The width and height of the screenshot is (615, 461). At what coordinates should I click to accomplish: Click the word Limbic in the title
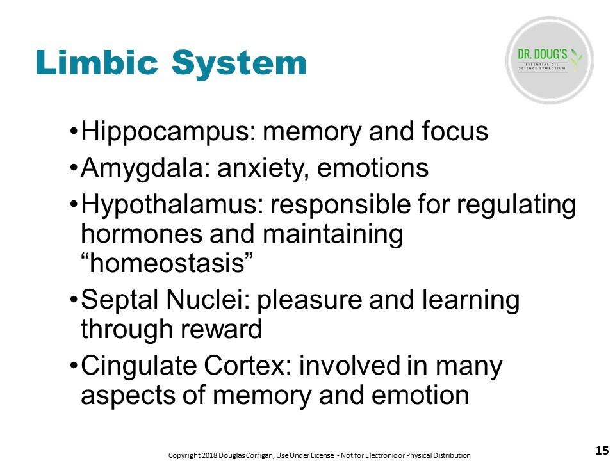(97, 62)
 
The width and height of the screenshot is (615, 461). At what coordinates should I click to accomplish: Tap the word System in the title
(239, 65)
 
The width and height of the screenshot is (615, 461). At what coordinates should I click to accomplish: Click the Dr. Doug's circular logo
(550, 60)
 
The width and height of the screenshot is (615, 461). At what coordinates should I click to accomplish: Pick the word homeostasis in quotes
(167, 263)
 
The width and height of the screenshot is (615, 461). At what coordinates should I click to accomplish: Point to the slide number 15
(602, 450)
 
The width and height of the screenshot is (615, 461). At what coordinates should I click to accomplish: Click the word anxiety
(263, 169)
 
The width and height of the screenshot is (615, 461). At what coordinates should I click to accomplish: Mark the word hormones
(141, 234)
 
